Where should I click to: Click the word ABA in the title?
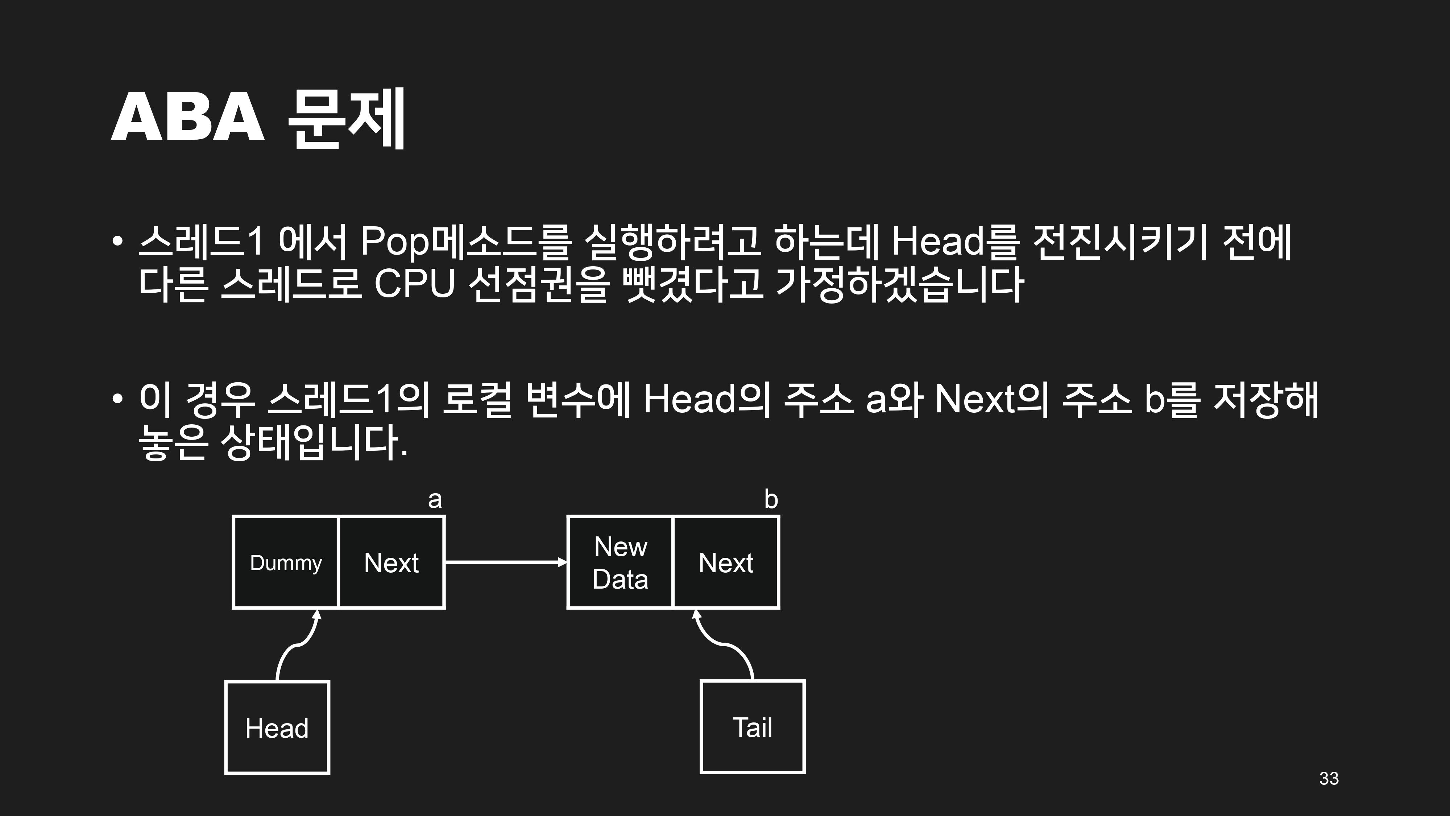(187, 118)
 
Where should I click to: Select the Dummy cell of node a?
(285, 562)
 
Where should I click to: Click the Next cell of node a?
(391, 562)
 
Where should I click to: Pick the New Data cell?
(620, 562)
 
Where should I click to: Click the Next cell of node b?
(726, 562)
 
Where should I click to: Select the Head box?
(277, 728)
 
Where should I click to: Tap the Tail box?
(753, 727)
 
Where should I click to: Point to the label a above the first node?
(435, 499)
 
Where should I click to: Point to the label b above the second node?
(771, 499)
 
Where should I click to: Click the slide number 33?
(1329, 778)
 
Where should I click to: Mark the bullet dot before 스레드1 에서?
(117, 241)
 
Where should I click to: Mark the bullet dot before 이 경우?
(117, 399)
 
